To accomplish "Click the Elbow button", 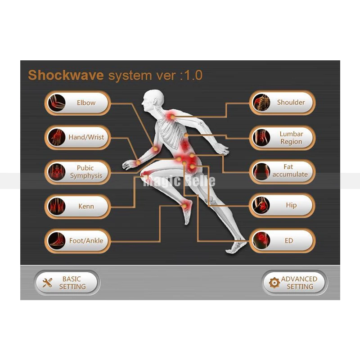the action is tap(77, 103).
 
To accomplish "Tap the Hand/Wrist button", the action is tap(77, 137).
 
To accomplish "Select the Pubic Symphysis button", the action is tap(77, 172).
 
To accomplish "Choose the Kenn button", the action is tap(77, 207).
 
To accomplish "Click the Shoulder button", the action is tap(283, 103).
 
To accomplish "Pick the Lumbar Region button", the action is tap(283, 138).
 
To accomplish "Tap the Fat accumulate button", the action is tap(283, 171).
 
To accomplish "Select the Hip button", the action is tap(283, 205).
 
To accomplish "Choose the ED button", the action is tap(283, 241).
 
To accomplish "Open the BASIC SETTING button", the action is tap(67, 283).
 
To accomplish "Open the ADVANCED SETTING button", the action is tap(295, 283).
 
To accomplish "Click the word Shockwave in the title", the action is tap(66, 75).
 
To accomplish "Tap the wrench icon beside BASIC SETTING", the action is tap(47, 283).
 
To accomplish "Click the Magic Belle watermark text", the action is tap(179, 181).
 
